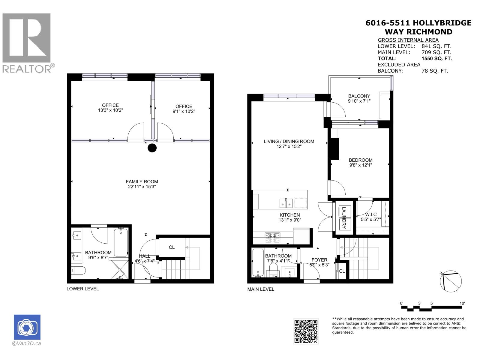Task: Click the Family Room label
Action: [142, 181]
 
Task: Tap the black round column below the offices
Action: [152, 148]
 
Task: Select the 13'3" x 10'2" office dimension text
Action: [110, 110]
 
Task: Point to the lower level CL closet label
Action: [172, 247]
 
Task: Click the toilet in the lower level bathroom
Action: [79, 271]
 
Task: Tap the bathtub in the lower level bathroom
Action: [121, 242]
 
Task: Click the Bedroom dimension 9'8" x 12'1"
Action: [361, 165]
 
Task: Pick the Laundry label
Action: [344, 218]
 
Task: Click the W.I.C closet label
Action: [371, 214]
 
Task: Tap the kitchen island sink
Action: [286, 203]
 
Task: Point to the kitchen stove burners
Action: [272, 238]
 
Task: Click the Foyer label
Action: [319, 260]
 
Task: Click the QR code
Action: [306, 331]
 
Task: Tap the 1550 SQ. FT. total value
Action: [436, 58]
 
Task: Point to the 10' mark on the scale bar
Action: [462, 303]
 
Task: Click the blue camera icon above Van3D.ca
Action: [27, 327]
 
